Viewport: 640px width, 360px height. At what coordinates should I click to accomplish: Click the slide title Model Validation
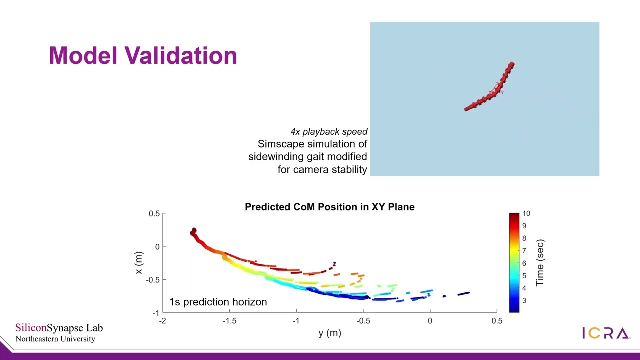point(143,55)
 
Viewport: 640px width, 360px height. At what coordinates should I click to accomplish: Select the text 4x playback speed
point(329,132)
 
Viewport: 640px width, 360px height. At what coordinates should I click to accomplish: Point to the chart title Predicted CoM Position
point(329,207)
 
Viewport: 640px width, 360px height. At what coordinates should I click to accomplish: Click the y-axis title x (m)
point(139,263)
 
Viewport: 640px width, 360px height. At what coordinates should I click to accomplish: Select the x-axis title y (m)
point(329,333)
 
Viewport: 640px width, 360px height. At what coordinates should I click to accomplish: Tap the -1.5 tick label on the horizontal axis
point(229,321)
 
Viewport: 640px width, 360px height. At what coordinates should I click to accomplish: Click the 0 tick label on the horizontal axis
point(430,321)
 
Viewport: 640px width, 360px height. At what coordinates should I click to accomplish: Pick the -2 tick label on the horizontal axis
point(162,321)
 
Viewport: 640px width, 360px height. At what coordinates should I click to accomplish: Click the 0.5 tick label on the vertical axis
point(154,214)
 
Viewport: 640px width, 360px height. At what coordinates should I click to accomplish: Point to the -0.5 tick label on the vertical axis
point(152,280)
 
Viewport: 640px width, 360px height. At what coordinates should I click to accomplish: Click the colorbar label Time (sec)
point(540,263)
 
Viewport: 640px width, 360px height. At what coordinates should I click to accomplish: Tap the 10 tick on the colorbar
point(526,214)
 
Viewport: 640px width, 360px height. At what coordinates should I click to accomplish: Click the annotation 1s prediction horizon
point(218,302)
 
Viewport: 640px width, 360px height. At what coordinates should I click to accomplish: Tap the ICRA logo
point(605,333)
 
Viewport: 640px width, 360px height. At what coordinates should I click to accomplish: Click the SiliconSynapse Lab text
point(59,328)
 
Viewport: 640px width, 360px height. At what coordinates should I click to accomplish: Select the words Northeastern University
point(55,339)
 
